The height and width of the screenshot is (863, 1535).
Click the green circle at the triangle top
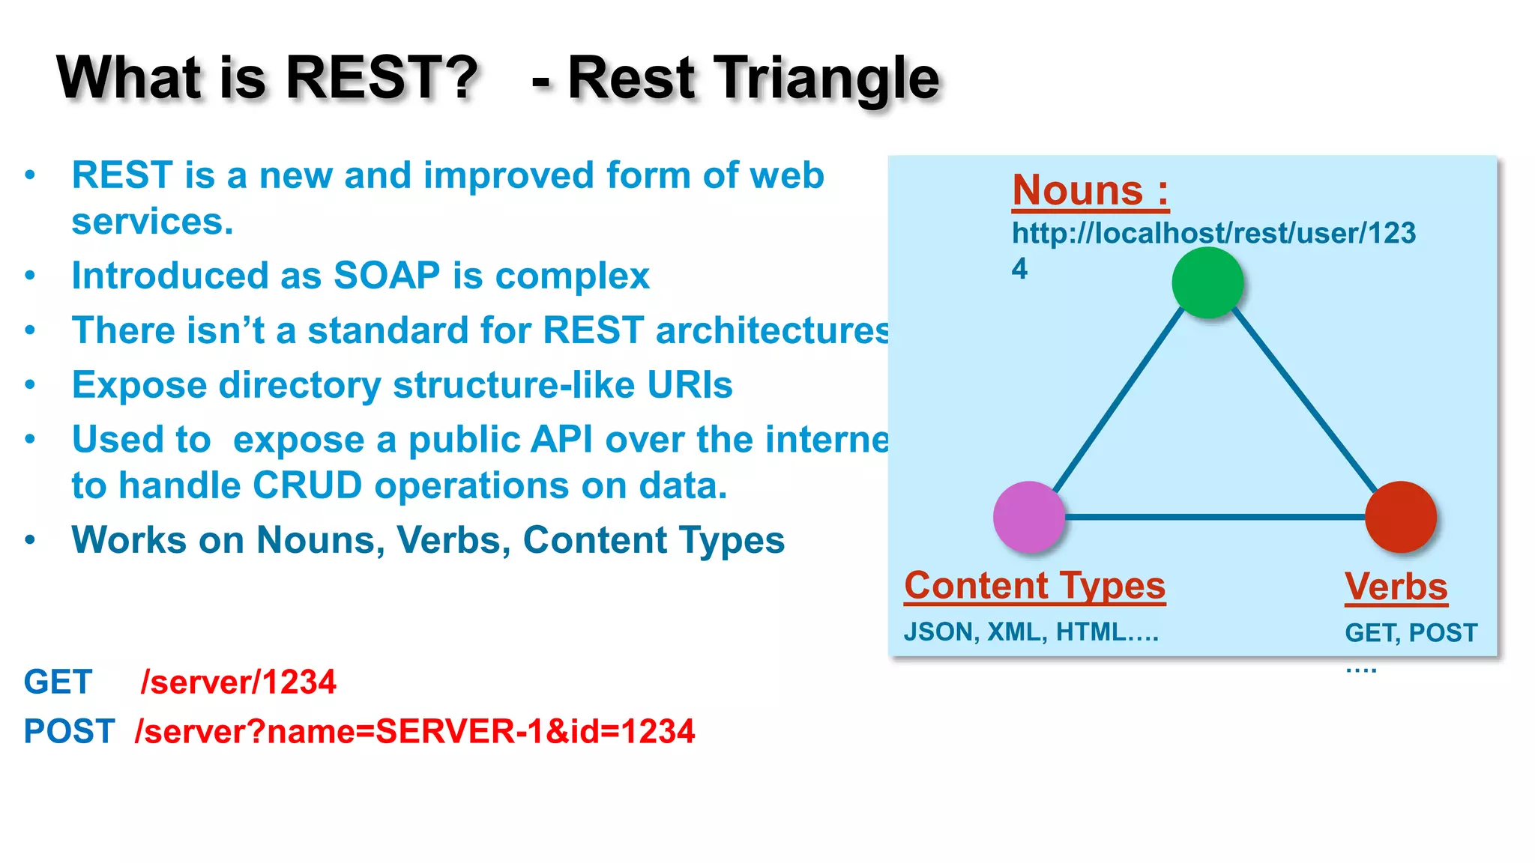click(x=1207, y=283)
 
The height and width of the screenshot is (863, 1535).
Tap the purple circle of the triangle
click(x=1029, y=517)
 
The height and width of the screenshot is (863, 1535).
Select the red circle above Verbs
click(x=1400, y=517)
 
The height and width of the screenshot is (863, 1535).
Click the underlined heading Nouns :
click(x=1090, y=190)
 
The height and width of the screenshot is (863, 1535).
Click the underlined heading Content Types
click(x=1034, y=586)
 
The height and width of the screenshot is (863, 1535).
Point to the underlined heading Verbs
click(x=1396, y=587)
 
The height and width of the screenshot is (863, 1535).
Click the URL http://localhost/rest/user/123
click(x=1213, y=233)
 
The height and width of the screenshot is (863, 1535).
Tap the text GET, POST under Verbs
click(x=1411, y=633)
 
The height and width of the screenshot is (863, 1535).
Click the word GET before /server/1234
click(x=58, y=682)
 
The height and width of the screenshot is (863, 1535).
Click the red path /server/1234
click(x=238, y=682)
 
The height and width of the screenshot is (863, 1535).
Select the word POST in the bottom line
click(x=69, y=731)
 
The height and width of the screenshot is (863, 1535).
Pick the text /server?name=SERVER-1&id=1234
click(x=414, y=731)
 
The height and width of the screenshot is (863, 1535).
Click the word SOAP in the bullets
click(x=386, y=276)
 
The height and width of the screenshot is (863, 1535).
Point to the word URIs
click(x=690, y=385)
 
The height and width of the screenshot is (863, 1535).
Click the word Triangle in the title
click(x=824, y=78)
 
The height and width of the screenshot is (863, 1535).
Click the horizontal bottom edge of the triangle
click(x=1214, y=517)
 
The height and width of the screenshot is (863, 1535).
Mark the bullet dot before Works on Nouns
click(x=30, y=540)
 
